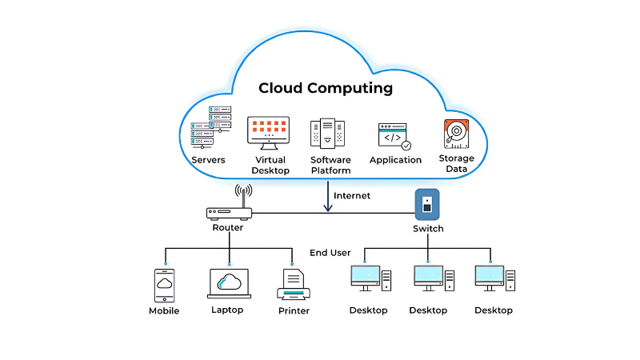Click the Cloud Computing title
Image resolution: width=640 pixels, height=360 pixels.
pyautogui.click(x=325, y=88)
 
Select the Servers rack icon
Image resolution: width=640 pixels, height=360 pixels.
pyautogui.click(x=210, y=127)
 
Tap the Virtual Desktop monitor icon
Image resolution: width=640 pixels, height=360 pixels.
pyautogui.click(x=268, y=130)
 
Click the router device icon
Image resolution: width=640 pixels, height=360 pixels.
pyautogui.click(x=229, y=214)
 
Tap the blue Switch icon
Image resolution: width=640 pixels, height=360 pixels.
pyautogui.click(x=427, y=204)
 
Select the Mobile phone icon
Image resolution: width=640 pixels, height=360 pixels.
pyautogui.click(x=164, y=285)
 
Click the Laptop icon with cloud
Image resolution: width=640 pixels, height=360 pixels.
pyautogui.click(x=229, y=284)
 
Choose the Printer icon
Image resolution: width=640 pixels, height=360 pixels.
pyautogui.click(x=294, y=285)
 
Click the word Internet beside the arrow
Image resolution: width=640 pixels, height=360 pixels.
pyautogui.click(x=352, y=196)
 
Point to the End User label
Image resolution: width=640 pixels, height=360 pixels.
pyautogui.click(x=330, y=253)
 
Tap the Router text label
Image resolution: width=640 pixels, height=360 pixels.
pyautogui.click(x=228, y=228)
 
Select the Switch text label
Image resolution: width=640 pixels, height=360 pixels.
pyautogui.click(x=428, y=229)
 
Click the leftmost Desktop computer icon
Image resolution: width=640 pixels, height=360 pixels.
pyautogui.click(x=370, y=280)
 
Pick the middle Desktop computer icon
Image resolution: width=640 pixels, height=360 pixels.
pyautogui.click(x=433, y=280)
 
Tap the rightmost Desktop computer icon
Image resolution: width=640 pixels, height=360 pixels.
pyautogui.click(x=494, y=280)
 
